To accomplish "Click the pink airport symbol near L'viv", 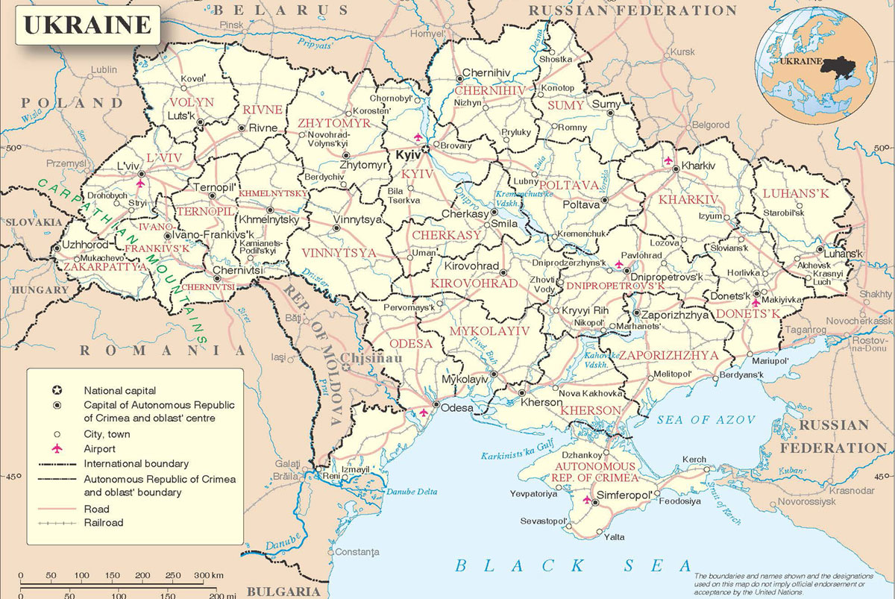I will tap(140, 181).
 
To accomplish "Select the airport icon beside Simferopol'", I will tap(587, 498).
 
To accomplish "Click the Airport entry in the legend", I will tap(99, 448).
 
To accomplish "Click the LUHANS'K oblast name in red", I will tap(796, 194).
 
